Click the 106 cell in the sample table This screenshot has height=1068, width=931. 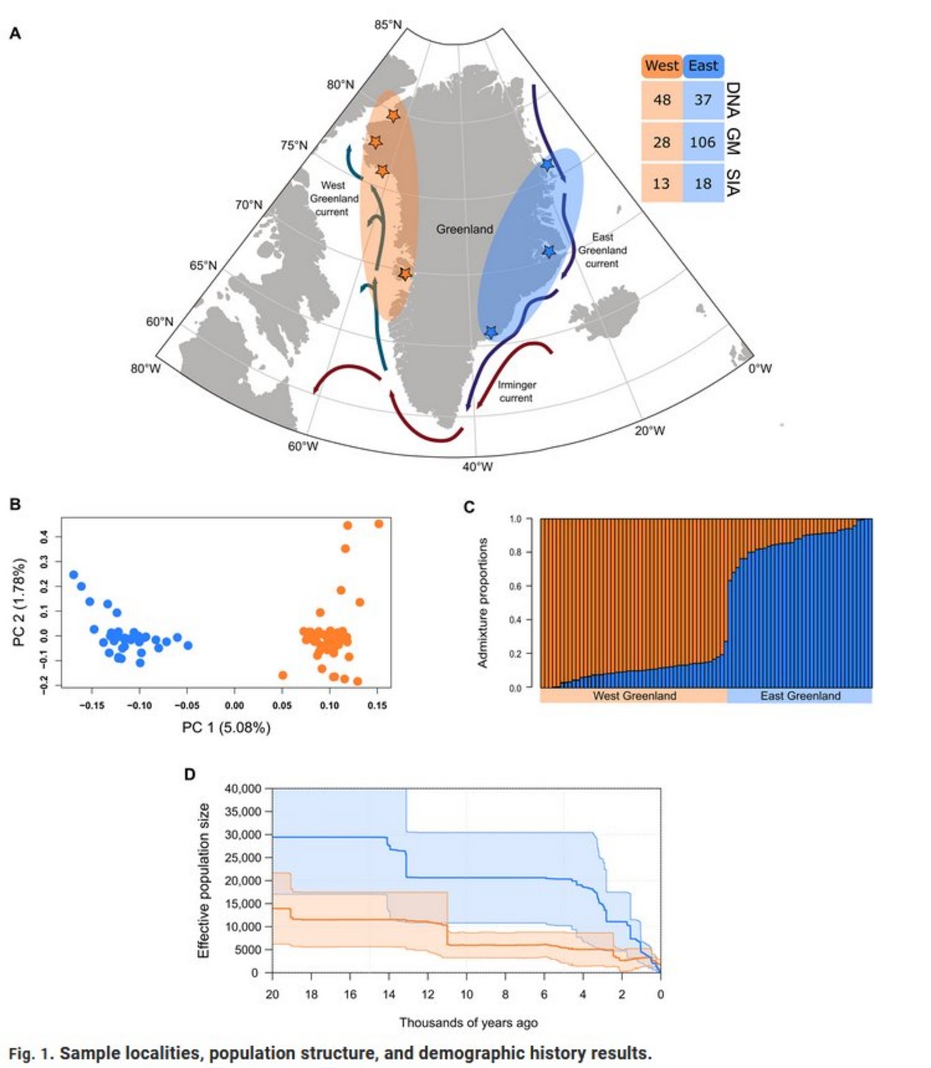[702, 142]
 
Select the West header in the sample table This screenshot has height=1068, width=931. [661, 66]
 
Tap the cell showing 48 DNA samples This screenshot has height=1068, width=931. [661, 100]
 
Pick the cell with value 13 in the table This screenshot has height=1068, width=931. [661, 183]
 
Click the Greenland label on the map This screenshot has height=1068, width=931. [464, 230]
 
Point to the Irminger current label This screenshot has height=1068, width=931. [516, 391]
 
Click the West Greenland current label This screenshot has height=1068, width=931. [334, 198]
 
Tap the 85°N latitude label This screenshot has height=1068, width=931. [387, 25]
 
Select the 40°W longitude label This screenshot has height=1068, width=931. [477, 467]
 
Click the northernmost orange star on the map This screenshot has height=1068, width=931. [393, 116]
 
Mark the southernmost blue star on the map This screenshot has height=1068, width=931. [491, 332]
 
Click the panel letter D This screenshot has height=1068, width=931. [190, 775]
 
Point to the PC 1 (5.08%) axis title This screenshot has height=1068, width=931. [226, 728]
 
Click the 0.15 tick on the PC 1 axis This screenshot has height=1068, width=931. [376, 706]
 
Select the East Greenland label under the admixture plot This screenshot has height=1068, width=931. [800, 696]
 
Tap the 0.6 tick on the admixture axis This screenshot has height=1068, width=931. [515, 586]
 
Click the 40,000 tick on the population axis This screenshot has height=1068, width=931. [243, 789]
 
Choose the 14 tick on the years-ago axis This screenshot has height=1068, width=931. [389, 995]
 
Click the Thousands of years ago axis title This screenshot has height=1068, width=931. [468, 1022]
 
